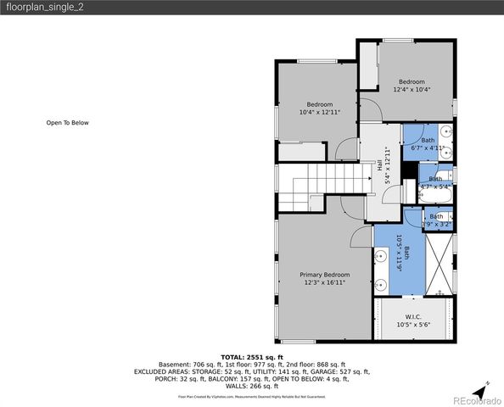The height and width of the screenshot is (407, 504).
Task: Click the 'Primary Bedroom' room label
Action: click(325, 275)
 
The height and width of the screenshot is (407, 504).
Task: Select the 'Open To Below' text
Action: click(67, 123)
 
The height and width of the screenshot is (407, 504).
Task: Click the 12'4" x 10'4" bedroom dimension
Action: click(412, 89)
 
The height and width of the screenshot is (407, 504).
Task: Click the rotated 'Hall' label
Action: click(379, 167)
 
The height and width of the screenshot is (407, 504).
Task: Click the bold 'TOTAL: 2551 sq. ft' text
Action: click(252, 357)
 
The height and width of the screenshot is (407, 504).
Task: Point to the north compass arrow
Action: click(480, 389)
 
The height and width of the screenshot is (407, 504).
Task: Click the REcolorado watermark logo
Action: click(476, 400)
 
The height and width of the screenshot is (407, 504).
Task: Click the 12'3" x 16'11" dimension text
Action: click(325, 282)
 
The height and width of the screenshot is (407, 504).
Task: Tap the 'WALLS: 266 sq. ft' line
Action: click(252, 386)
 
